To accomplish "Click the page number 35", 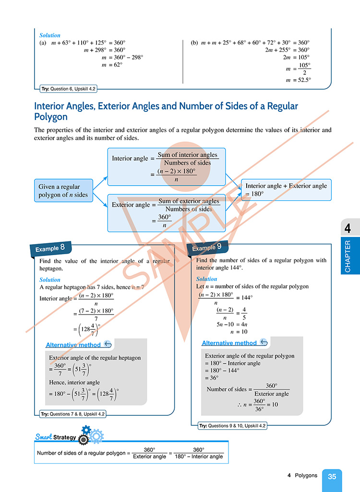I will (332, 477).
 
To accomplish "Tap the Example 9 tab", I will (206, 248).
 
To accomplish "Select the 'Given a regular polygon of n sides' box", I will (63, 190).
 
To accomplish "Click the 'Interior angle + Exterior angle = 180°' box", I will (287, 190).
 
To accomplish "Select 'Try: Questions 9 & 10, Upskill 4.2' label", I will (232, 425).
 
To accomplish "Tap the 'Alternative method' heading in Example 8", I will (73, 345).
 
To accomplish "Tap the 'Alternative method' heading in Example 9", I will (229, 343).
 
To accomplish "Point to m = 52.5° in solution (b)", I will (298, 80).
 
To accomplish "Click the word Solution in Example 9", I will (207, 279).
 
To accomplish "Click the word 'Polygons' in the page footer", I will (305, 476).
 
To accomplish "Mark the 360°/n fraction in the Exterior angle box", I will (164, 221).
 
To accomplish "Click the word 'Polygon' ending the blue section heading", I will (51, 117).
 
